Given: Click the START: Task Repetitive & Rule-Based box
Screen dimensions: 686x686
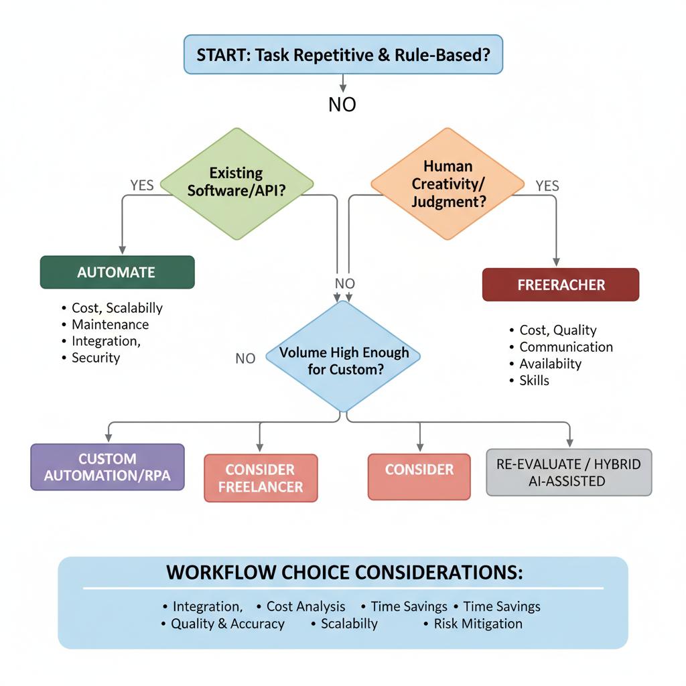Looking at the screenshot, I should [342, 54].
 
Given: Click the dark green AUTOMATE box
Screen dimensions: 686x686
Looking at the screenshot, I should [117, 272].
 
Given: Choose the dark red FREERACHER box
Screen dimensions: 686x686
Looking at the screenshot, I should [561, 285].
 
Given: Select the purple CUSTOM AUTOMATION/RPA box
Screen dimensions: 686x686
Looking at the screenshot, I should [107, 467].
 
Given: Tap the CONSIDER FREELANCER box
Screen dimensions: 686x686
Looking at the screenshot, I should [261, 478].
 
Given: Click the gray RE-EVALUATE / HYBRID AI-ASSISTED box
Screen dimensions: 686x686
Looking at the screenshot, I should [569, 472].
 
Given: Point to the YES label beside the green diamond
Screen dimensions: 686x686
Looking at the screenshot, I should [141, 186].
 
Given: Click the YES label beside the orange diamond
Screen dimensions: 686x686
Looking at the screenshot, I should [547, 186].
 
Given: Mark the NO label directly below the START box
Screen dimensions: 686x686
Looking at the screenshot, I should [342, 105].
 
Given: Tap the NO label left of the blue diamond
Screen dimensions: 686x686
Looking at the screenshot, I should [245, 358].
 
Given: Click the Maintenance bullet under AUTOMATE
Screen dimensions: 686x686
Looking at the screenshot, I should [110, 324].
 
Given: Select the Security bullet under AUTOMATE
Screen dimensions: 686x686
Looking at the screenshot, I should [96, 358].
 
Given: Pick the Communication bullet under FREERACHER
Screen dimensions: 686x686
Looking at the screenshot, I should [566, 347].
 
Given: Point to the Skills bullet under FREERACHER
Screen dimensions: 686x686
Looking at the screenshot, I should [534, 381].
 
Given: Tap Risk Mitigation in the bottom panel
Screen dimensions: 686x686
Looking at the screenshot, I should [478, 624].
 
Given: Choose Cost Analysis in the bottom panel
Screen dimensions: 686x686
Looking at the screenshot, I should [305, 606].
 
